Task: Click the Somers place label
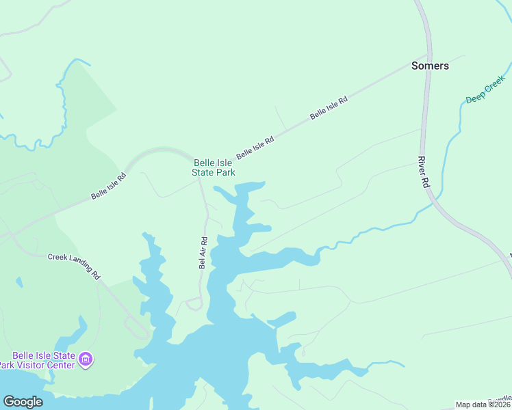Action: coord(430,66)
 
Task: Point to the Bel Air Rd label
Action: coord(203,253)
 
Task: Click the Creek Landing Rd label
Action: coord(74,267)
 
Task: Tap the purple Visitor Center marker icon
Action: coord(86,359)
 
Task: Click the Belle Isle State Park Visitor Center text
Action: coord(44,360)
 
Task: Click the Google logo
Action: coord(23,402)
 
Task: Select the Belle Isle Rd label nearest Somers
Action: coord(329,108)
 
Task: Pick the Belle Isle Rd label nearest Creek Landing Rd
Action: coord(109,187)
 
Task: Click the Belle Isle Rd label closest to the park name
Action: coord(255,148)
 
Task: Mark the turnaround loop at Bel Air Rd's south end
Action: coord(194,305)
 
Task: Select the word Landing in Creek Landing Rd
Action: coord(78,265)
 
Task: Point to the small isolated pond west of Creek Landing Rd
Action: coord(18,282)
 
